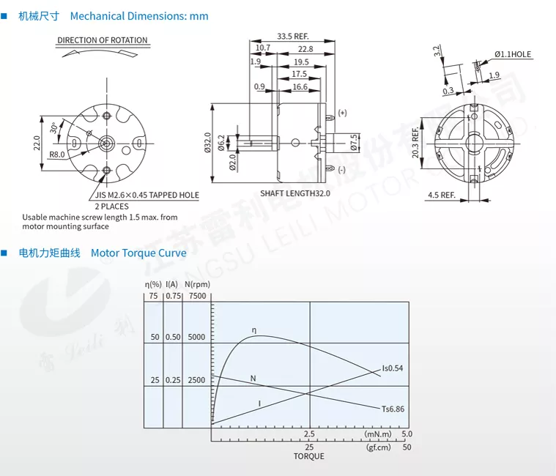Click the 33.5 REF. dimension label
tap(293, 36)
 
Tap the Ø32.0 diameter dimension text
tap(207, 143)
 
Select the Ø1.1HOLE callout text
tap(513, 54)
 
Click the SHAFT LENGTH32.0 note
tap(295, 193)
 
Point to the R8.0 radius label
tap(56, 155)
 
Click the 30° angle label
tap(54, 128)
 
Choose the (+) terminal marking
tap(342, 113)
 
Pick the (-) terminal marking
tap(341, 170)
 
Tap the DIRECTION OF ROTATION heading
tap(103, 40)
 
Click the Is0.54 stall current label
tap(393, 368)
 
